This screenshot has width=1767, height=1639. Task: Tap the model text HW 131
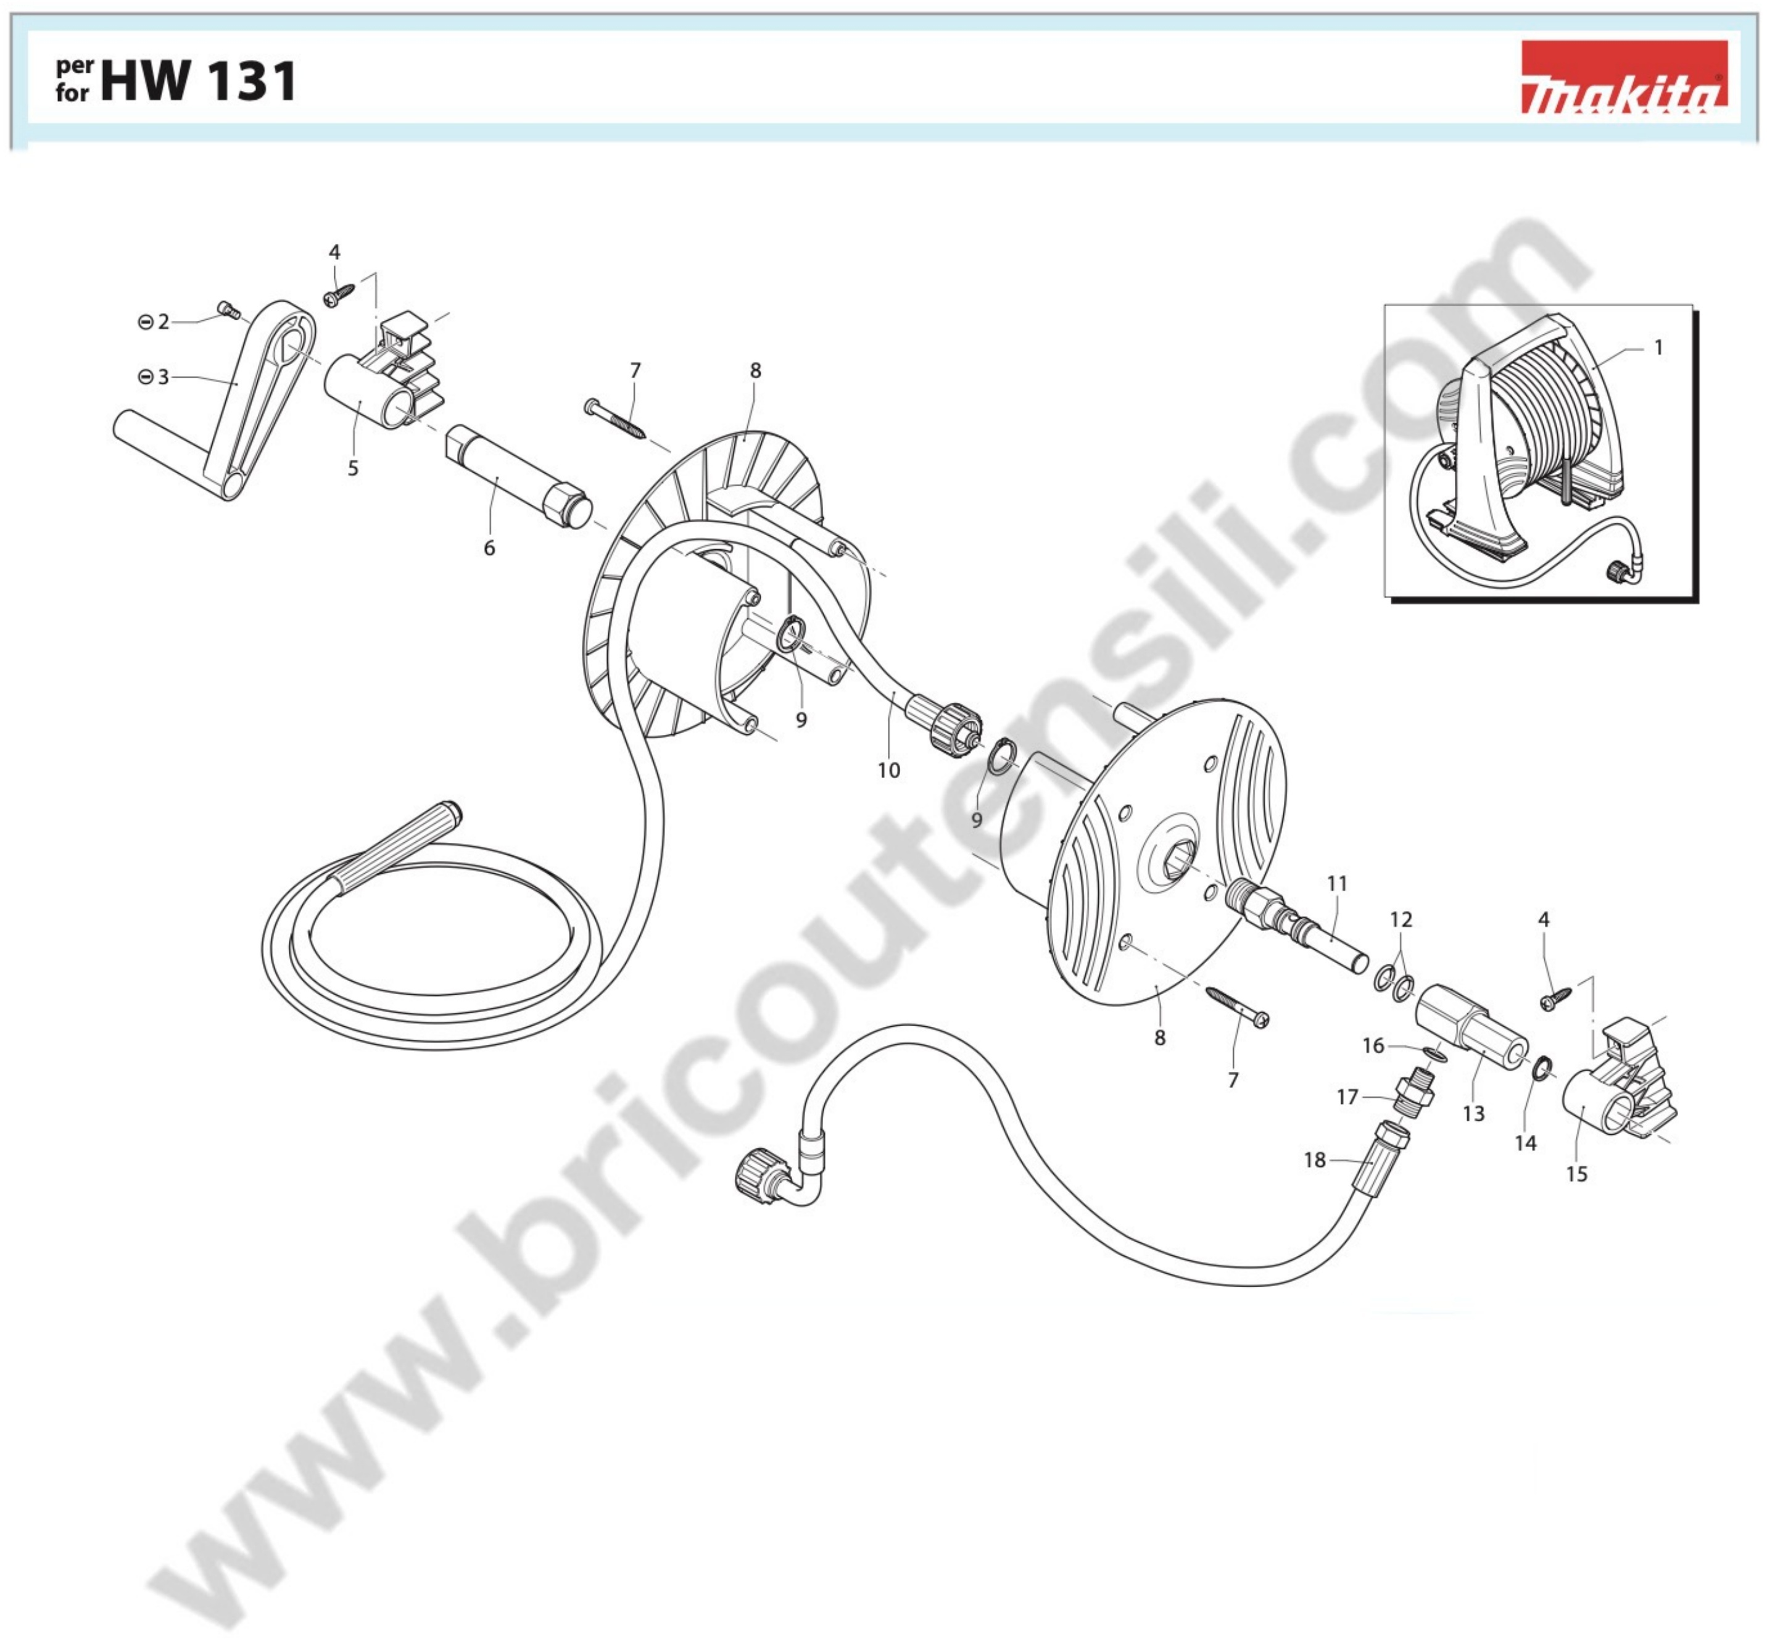[x=199, y=81]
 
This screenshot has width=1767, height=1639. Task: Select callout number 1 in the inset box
[x=1658, y=347]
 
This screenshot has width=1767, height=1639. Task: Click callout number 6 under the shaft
[x=489, y=548]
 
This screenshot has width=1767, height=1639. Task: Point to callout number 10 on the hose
[x=889, y=771]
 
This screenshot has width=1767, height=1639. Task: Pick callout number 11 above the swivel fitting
[x=1337, y=883]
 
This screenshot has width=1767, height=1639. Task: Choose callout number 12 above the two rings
[x=1401, y=919]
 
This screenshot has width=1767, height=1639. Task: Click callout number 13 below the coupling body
[x=1473, y=1113]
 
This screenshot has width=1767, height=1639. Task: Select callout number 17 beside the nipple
[x=1347, y=1097]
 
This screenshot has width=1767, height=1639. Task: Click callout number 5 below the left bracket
[x=353, y=468]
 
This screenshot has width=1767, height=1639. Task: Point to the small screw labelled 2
[x=229, y=310]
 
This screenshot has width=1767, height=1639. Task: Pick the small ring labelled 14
[x=1542, y=1069]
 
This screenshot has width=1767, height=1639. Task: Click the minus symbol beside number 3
[x=146, y=377]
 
